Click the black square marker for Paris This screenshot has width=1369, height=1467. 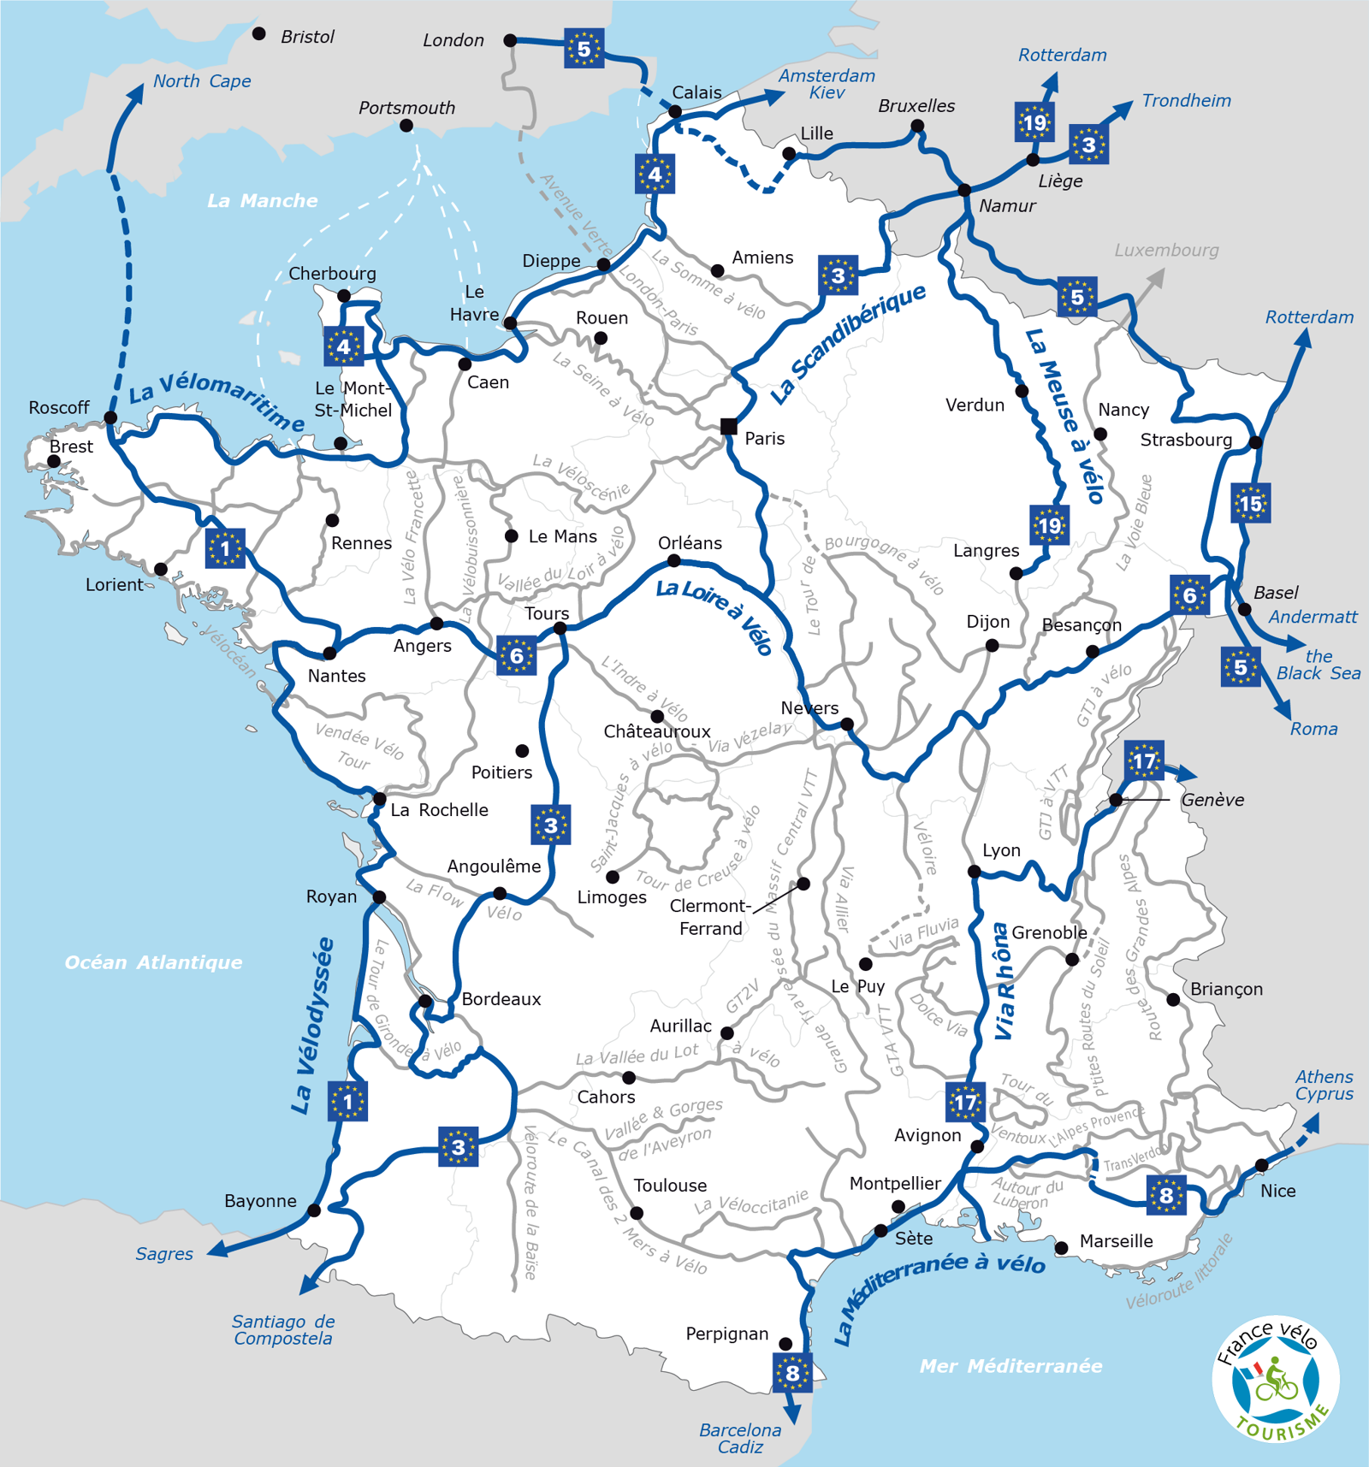728,426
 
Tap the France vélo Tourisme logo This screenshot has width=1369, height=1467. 1275,1378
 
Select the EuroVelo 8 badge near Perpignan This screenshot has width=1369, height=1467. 792,1372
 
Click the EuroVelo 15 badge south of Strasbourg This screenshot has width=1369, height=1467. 1250,504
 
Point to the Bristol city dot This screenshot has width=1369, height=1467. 259,34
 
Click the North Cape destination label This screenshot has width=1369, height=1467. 202,81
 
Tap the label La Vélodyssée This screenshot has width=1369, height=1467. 312,1026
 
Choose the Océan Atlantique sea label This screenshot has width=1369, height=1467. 154,962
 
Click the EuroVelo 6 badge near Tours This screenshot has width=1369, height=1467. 517,656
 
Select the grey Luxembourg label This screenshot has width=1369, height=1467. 1166,251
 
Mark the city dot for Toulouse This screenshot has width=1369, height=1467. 637,1213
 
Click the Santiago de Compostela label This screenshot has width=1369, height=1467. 283,1330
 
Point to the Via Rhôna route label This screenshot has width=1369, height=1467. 1003,981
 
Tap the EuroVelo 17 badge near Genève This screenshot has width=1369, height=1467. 1144,760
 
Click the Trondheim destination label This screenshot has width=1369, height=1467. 1186,101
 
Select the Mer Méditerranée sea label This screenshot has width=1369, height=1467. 1010,1366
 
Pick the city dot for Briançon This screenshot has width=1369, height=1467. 1173,999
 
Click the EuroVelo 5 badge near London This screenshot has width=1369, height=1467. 584,49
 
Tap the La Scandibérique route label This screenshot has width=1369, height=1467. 847,343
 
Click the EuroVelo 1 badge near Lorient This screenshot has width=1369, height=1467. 225,548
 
